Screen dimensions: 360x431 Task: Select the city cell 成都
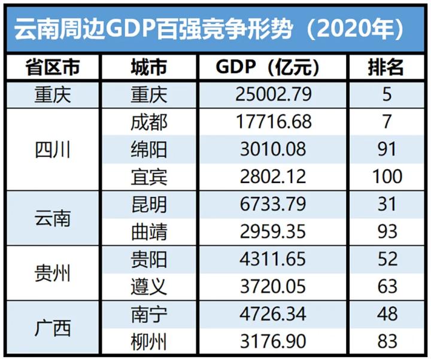(148, 122)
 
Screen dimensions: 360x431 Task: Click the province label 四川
(53, 150)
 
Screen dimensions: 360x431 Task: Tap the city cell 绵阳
(148, 149)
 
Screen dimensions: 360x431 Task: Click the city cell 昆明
(148, 204)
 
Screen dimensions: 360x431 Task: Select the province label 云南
(53, 218)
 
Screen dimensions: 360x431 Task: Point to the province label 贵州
(53, 273)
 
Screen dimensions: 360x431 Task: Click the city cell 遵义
(148, 286)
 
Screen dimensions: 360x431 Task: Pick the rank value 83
(387, 341)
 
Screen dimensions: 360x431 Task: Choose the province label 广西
(53, 328)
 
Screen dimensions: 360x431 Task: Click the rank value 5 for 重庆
(387, 95)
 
